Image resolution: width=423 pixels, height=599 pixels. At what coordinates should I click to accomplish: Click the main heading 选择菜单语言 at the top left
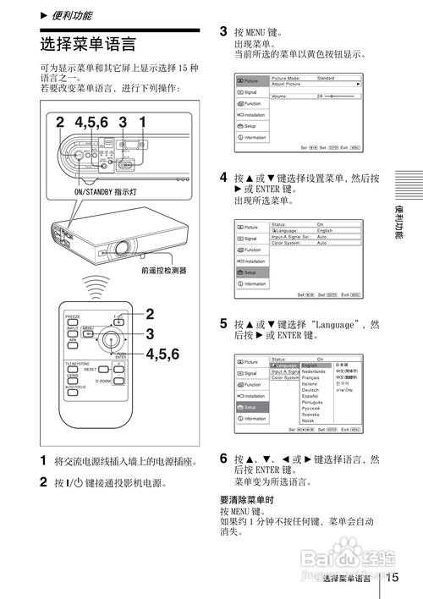point(87,43)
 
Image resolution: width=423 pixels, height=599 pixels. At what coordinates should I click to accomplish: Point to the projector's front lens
point(122,249)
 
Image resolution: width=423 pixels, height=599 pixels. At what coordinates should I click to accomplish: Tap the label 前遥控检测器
point(163,271)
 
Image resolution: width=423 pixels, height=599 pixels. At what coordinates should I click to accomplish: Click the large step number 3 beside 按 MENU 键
point(223,31)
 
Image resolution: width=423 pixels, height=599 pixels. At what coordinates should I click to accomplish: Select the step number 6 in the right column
point(223,458)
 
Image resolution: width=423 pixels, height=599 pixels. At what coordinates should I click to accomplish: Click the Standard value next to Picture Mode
point(325,78)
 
